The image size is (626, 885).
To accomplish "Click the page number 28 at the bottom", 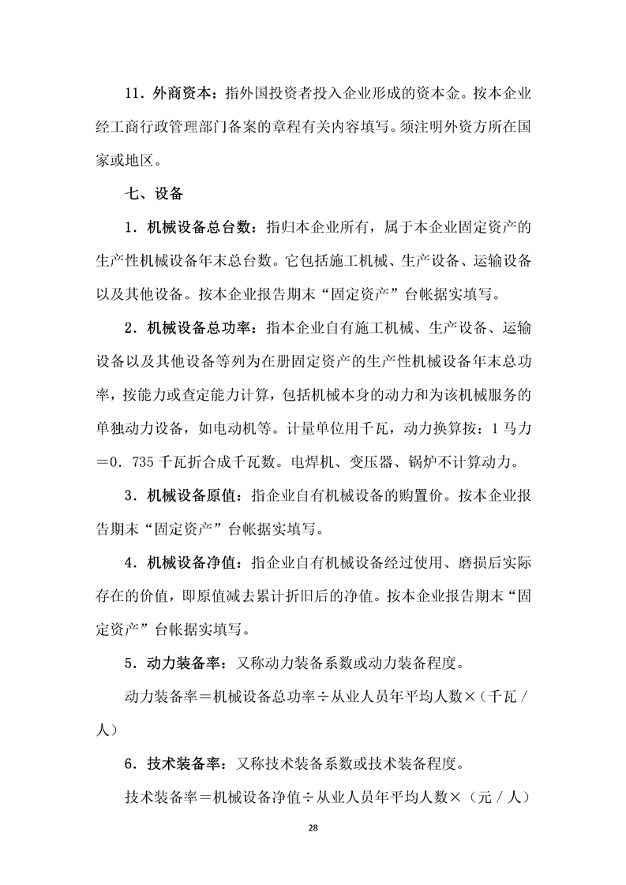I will [313, 826].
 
